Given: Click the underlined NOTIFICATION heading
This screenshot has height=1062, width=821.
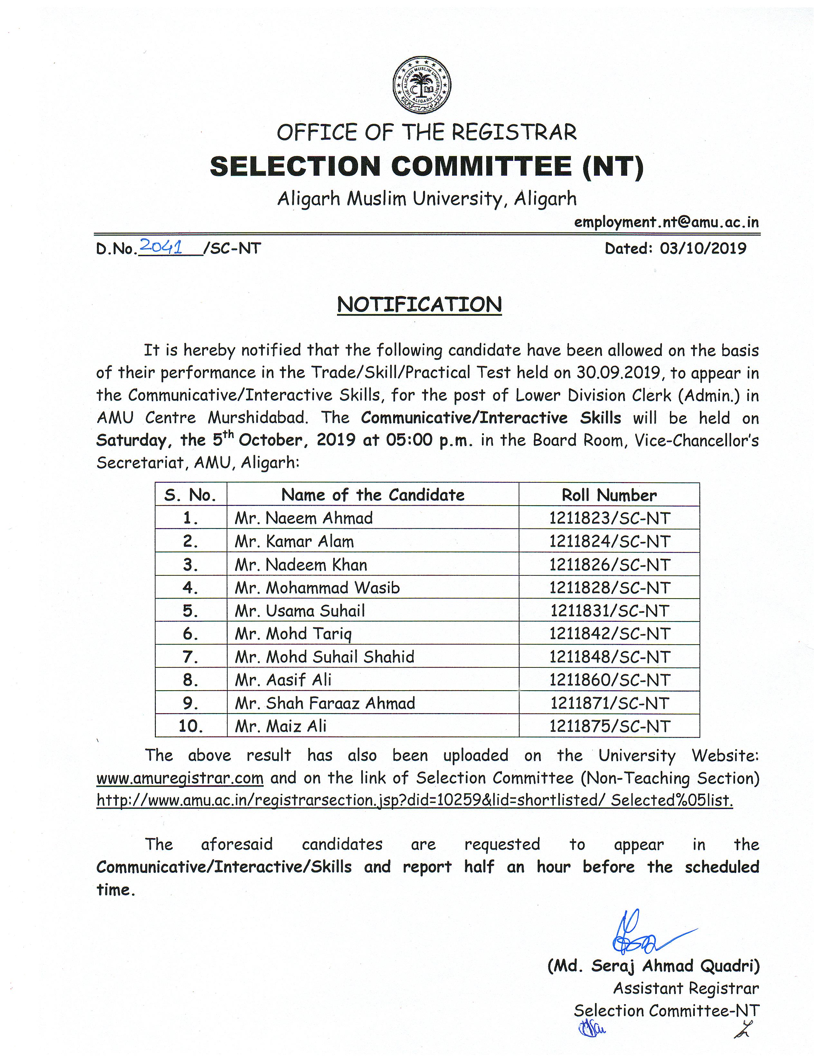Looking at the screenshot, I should click(x=419, y=305).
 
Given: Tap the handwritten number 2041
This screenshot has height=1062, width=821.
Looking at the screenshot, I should click(x=161, y=247).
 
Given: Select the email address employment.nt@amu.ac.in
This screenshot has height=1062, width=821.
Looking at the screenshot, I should click(x=666, y=222).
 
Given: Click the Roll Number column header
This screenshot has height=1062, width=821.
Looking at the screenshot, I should click(x=609, y=495).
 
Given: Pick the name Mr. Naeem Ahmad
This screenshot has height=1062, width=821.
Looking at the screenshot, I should click(x=304, y=518).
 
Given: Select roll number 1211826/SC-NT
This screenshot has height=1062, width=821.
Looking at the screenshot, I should click(x=609, y=564).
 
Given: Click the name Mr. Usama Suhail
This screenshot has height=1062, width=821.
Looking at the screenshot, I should click(x=300, y=611).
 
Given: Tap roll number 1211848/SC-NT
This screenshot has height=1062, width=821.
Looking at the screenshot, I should click(x=609, y=657).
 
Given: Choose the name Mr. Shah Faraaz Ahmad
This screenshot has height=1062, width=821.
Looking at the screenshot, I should click(x=325, y=703).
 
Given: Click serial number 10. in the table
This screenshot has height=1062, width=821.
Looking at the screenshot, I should click(x=191, y=726).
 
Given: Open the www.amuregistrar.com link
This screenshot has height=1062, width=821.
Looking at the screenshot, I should click(x=180, y=778).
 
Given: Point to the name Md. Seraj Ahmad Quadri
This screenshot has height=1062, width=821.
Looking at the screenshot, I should click(x=653, y=966).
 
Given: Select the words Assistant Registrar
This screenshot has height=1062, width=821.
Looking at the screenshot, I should click(x=686, y=988).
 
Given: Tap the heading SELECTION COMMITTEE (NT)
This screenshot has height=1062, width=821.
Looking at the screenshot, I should click(x=427, y=166).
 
